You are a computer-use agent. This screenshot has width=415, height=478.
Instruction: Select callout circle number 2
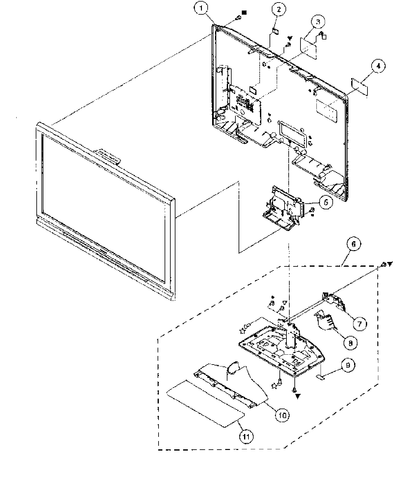(x=278, y=10)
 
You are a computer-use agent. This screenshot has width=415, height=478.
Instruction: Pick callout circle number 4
(x=378, y=66)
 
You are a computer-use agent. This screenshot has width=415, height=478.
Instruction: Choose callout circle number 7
(x=359, y=324)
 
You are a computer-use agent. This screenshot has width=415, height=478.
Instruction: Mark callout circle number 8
(x=350, y=343)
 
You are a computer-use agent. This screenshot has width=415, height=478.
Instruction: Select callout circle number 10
(x=282, y=415)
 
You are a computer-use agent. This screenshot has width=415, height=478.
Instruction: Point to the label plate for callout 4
(x=359, y=85)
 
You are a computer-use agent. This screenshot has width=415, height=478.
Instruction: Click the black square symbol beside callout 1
(x=244, y=12)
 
